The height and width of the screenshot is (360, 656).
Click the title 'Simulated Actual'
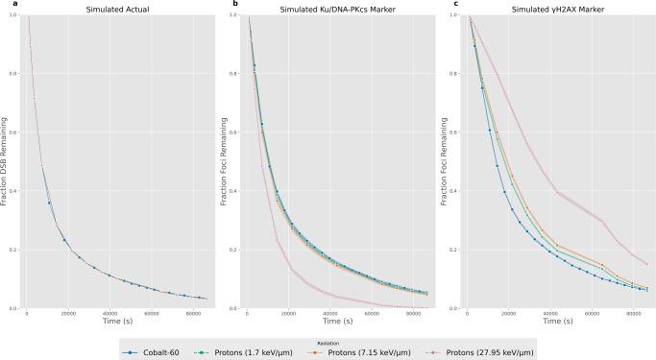[116, 9]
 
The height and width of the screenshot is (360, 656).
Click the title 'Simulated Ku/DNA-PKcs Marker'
[335, 9]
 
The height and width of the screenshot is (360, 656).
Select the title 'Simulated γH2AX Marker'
[554, 9]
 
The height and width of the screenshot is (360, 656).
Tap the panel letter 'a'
[4, 4]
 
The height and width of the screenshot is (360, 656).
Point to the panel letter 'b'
[223, 4]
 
